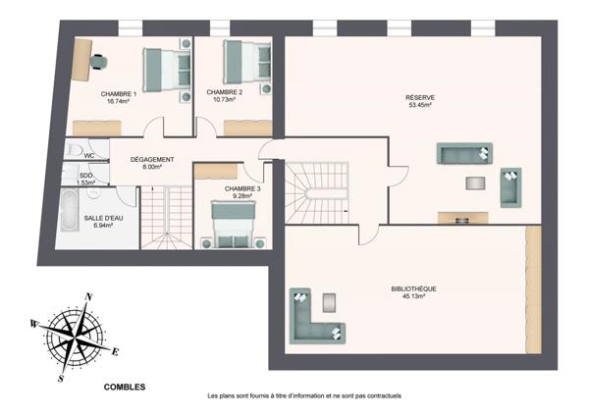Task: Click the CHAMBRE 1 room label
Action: point(118,93)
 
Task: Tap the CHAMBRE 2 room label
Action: point(225,91)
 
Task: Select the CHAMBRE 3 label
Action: point(242,188)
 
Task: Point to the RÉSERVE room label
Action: point(420,97)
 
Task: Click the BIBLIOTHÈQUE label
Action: point(413,288)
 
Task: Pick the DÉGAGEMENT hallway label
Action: point(152,160)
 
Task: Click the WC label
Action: point(88,155)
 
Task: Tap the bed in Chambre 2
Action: point(245,62)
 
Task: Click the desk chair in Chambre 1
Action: point(98,60)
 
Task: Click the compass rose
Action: point(76,335)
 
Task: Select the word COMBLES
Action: point(125,387)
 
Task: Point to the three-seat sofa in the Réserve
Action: point(463,154)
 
